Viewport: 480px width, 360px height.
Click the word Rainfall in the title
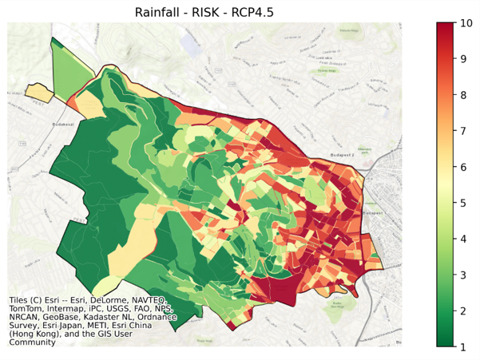click(161, 10)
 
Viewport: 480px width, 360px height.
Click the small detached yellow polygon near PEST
click(38, 92)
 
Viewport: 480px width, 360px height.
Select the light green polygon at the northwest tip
click(80, 68)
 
